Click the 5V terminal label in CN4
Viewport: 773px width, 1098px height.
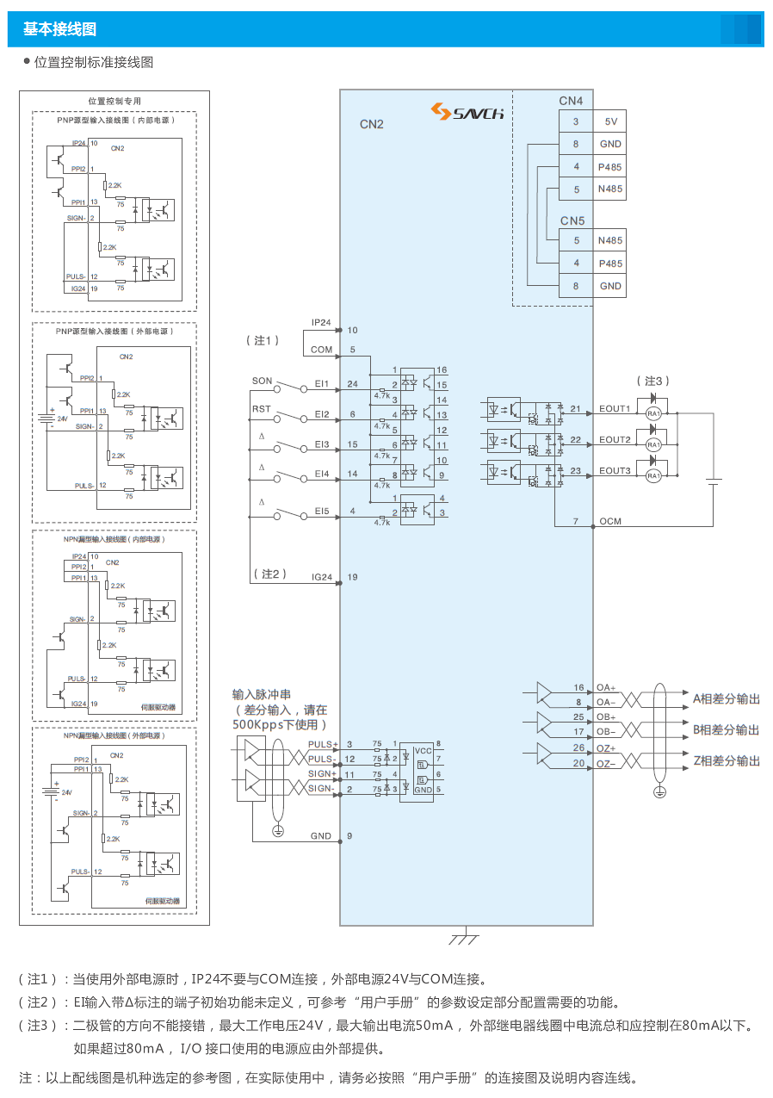610,121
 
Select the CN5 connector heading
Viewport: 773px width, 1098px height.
572,220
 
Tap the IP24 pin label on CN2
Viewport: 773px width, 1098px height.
321,323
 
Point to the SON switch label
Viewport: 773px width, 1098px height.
262,381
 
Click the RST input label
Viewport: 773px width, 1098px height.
261,409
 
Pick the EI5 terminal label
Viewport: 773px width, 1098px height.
322,512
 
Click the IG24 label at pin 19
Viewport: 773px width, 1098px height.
322,577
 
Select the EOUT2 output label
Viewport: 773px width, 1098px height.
615,440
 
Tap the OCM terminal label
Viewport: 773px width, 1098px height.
610,521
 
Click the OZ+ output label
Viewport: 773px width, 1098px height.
606,748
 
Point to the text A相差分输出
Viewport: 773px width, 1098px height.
727,698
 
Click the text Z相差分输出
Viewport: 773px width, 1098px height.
727,760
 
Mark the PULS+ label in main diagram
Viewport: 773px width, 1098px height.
322,744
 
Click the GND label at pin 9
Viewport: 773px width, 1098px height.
321,836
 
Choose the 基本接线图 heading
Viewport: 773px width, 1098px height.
59,29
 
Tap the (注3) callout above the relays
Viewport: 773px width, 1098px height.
652,381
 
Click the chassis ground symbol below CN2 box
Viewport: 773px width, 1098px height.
466,936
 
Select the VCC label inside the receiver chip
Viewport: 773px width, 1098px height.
423,750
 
